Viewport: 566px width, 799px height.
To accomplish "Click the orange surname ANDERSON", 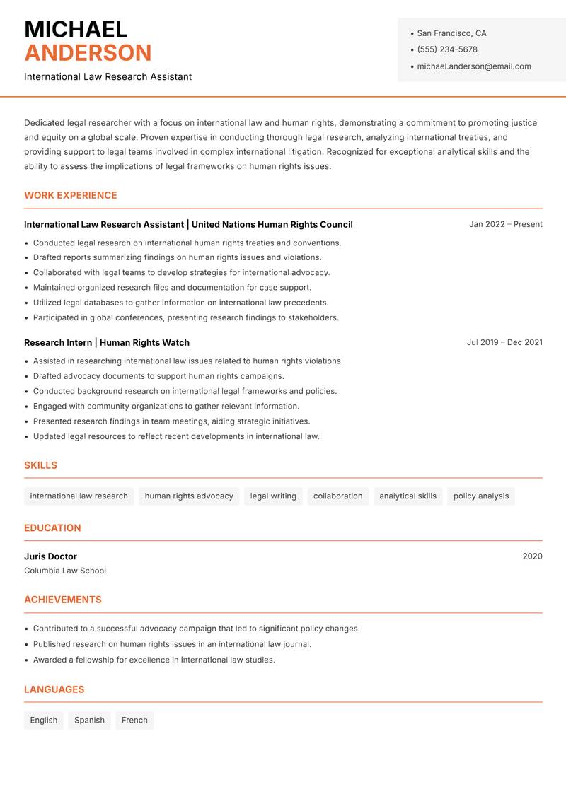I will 88,53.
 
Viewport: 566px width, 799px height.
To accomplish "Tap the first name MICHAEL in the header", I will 76,29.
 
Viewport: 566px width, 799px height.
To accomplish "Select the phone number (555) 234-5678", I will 447,49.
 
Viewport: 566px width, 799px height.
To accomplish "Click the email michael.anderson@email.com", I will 474,66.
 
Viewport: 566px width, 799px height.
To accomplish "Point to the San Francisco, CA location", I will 451,33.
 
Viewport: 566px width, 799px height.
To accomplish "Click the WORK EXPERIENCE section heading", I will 71,195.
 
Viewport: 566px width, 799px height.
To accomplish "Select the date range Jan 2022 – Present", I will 505,224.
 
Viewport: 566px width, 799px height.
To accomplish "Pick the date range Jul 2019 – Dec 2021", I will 504,342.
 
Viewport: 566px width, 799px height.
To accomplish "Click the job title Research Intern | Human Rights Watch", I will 107,342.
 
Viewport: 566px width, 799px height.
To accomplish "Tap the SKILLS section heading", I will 40,465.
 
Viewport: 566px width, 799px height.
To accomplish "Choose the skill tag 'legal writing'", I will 273,496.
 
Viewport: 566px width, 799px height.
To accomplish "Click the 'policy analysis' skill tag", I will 481,496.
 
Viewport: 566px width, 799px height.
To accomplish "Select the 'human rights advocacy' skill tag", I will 189,496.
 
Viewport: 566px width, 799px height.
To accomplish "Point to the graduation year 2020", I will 532,556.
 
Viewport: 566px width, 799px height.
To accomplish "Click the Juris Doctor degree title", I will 50,556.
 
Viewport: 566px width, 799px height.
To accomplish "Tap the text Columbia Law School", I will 65,571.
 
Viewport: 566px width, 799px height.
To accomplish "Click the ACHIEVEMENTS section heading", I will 63,600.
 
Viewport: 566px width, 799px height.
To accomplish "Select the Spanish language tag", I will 89,720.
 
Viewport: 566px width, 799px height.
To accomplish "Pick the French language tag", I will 134,720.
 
